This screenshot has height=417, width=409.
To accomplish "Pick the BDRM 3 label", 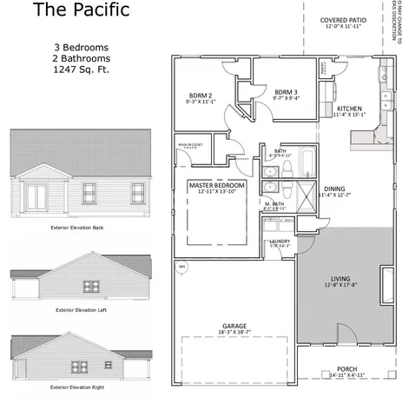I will coord(287,91).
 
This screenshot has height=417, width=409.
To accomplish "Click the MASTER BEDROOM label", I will coord(217,185).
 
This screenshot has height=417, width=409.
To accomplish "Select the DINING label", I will coord(334,188).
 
